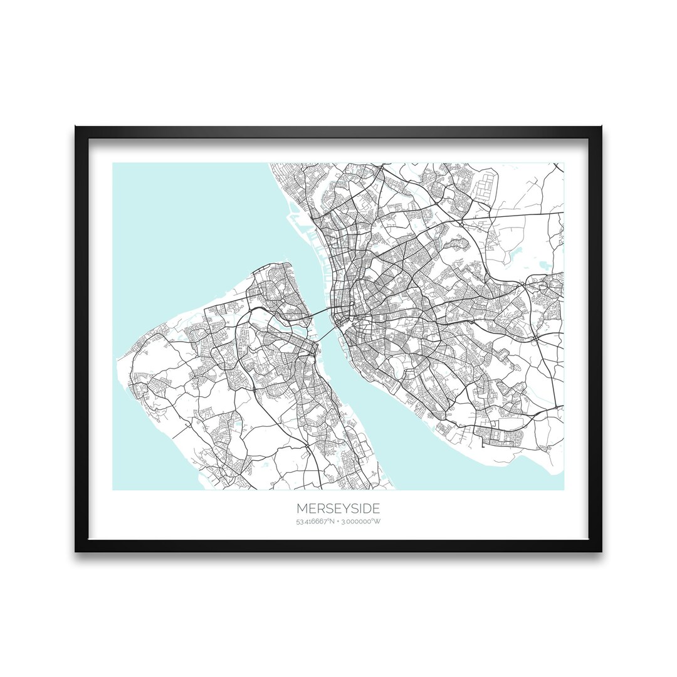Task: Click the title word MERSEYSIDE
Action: (x=338, y=508)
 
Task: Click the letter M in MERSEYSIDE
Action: (x=302, y=508)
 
